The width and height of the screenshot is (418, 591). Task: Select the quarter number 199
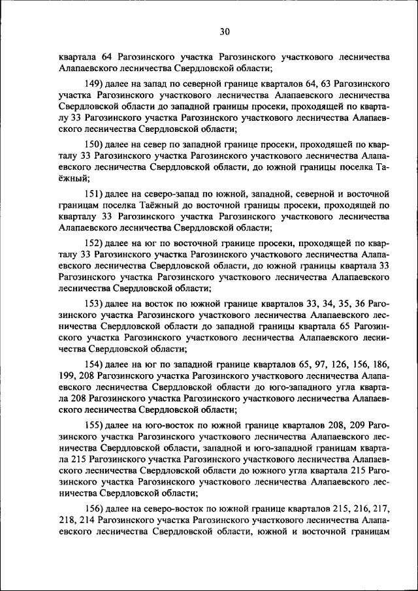click(67, 377)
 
